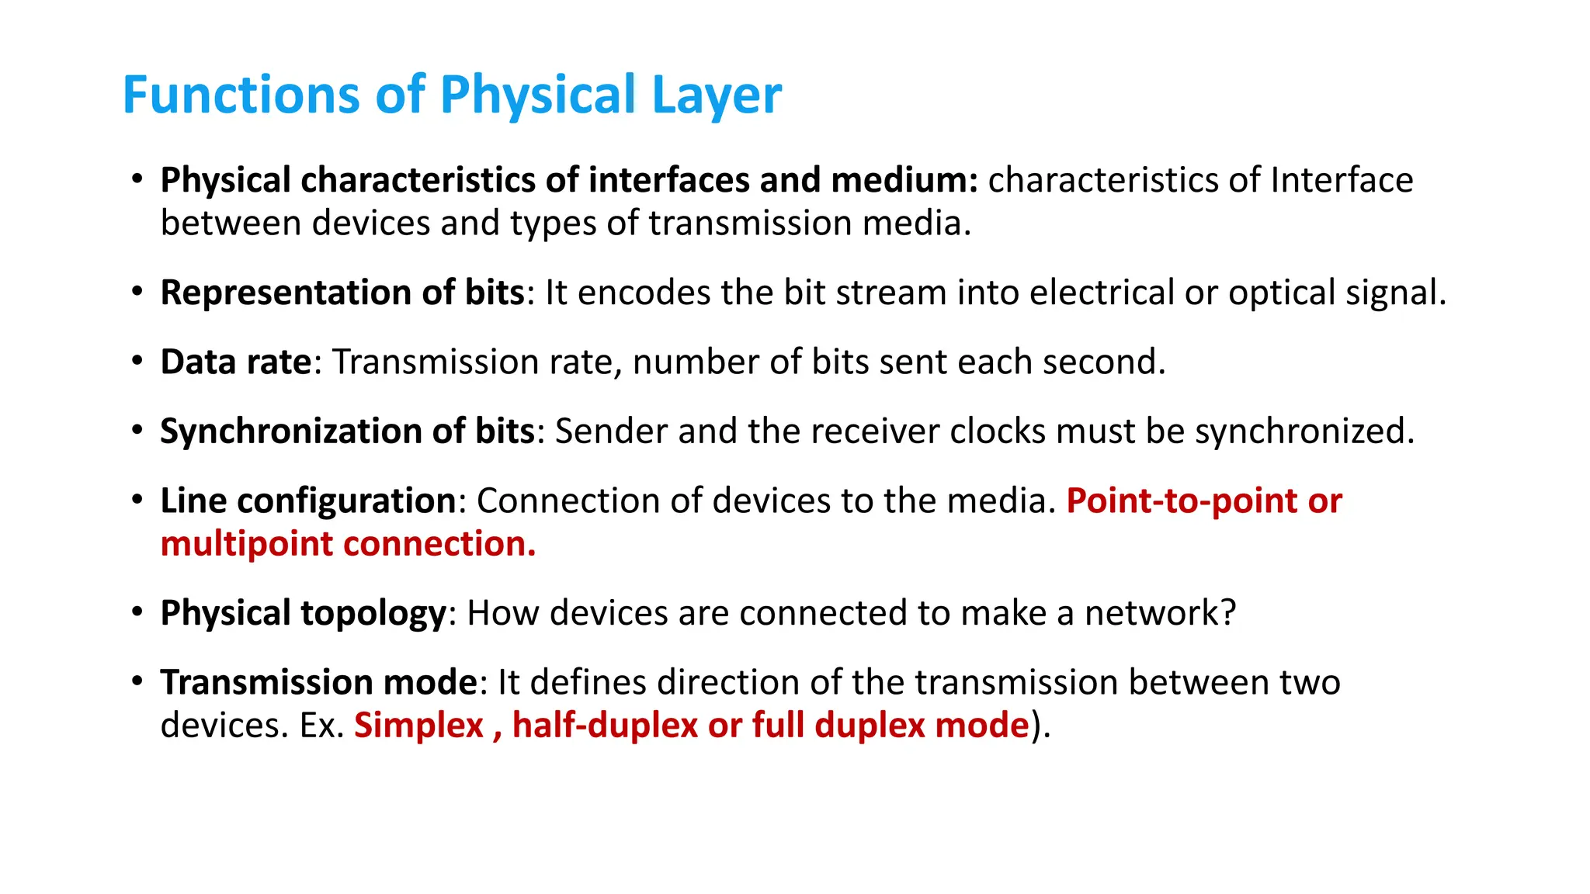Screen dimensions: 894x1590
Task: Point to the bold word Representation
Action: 286,293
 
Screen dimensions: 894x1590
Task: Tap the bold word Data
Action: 198,362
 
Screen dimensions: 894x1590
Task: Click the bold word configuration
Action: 345,501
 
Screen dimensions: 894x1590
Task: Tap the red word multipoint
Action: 247,544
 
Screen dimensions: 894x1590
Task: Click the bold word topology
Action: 373,614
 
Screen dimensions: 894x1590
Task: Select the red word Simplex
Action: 418,726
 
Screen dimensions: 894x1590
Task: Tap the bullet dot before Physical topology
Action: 137,612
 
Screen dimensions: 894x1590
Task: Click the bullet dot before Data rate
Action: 137,361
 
